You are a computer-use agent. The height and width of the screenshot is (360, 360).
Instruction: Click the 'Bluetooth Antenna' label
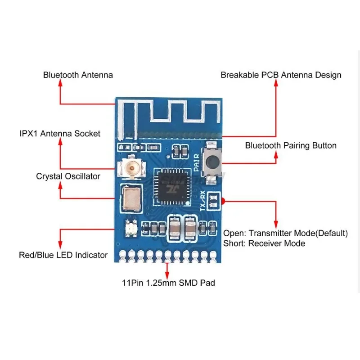78,75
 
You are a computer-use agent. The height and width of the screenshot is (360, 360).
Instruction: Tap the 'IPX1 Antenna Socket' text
60,134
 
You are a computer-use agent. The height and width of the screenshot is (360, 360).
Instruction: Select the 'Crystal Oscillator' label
68,176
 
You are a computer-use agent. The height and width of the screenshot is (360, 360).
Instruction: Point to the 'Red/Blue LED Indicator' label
63,255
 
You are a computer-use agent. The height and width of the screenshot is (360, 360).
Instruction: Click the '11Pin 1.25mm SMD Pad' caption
168,283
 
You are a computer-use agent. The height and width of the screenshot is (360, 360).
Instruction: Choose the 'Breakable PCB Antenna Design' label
281,75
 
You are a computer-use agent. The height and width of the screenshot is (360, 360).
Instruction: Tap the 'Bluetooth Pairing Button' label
291,145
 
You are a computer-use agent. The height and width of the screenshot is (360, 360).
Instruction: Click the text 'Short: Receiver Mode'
264,243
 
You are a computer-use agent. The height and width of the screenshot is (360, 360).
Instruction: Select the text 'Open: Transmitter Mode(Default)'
285,233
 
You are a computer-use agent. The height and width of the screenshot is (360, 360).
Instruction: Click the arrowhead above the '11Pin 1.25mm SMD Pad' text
167,264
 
